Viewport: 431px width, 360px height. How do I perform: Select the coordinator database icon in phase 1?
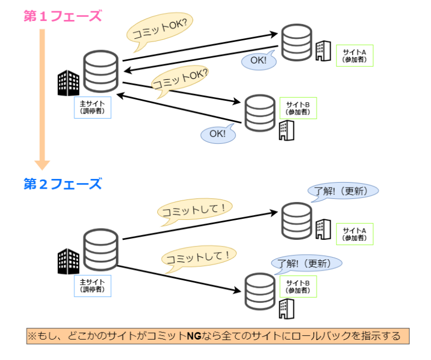(101, 73)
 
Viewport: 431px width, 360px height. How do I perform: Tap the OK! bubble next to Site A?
(259, 60)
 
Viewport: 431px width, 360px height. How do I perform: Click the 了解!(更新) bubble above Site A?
(343, 191)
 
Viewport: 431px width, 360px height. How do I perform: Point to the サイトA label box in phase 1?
(354, 55)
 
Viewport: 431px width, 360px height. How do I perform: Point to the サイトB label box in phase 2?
(298, 286)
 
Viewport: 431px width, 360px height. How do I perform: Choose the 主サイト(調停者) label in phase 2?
(92, 286)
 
